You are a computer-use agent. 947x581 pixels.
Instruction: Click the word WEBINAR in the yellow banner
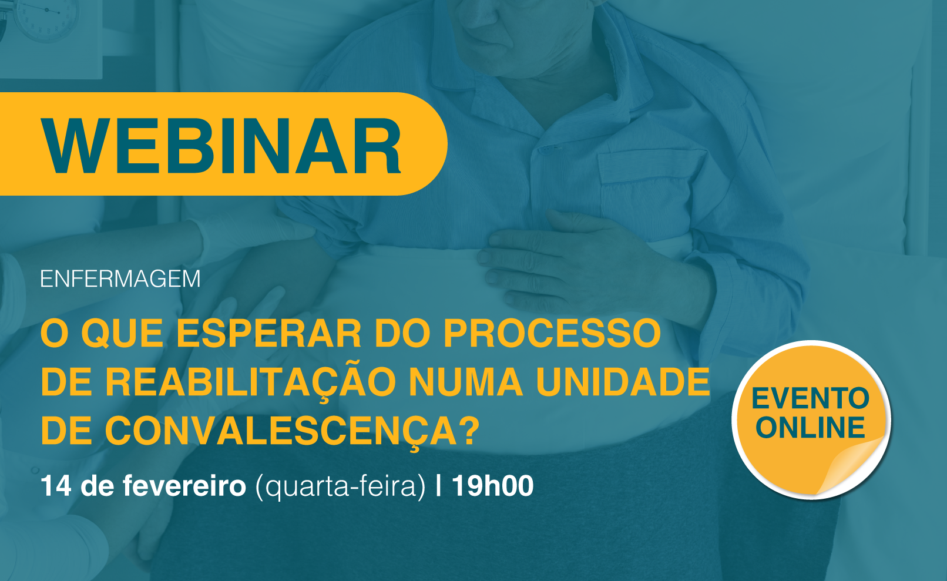point(221,146)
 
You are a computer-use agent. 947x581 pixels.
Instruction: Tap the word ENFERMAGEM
point(120,279)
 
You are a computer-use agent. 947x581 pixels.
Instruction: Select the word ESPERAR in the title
point(268,333)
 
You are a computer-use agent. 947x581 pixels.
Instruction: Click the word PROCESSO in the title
point(552,333)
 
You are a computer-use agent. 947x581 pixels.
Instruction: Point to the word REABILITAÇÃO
point(241,382)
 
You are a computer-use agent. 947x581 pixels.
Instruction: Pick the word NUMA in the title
point(466,382)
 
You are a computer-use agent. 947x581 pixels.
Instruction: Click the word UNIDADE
point(623,382)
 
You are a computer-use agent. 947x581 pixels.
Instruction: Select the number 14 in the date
point(55,486)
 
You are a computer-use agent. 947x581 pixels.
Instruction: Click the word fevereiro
point(184,486)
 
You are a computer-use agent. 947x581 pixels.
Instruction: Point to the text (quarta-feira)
point(340,486)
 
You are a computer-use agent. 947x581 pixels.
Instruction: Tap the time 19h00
point(492,486)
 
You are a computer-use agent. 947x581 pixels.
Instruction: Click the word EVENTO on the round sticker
point(811,399)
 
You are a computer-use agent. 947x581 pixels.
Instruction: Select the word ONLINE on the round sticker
point(811,427)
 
